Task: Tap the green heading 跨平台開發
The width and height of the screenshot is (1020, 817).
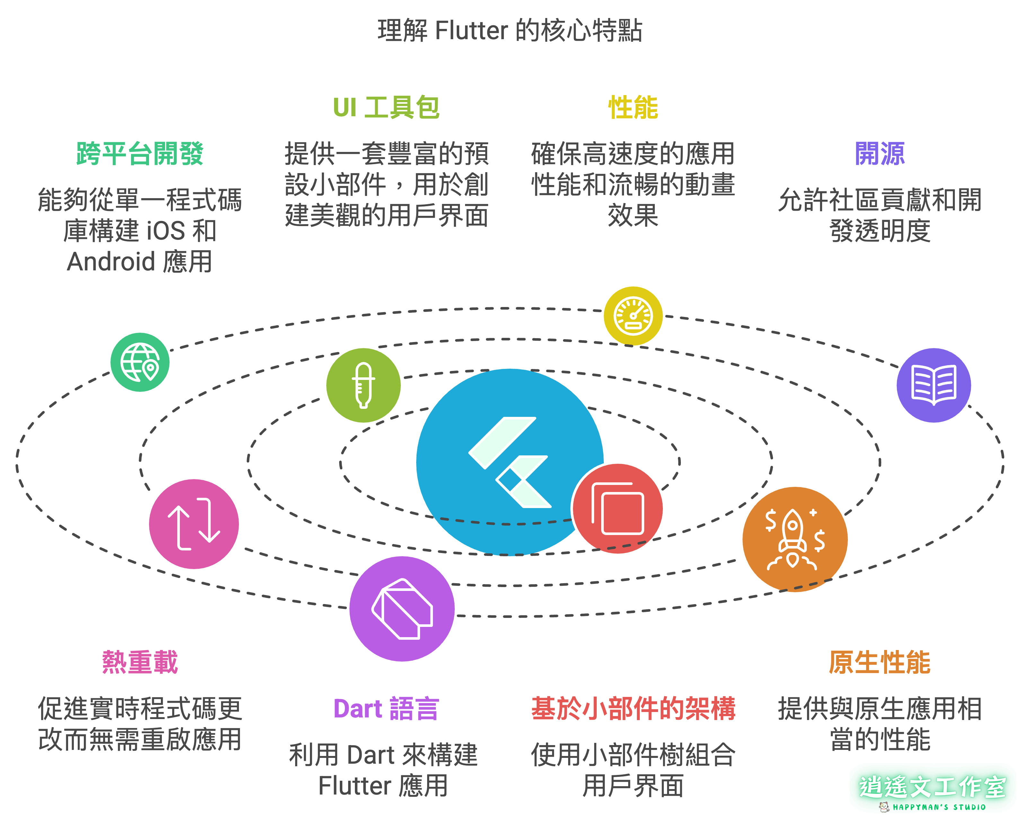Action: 140,154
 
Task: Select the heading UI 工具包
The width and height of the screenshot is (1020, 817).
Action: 386,107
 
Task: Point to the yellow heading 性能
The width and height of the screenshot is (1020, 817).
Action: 633,107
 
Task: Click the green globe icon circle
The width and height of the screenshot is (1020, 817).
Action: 140,362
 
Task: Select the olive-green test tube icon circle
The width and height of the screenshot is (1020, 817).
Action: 363,385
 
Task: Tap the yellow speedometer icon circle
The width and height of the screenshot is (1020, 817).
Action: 633,316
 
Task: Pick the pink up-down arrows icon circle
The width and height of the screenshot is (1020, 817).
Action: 194,524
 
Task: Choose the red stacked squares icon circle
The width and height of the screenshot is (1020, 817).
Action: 618,509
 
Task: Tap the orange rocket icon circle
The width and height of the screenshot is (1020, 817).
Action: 795,539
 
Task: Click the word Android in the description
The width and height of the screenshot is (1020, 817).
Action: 111,262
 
